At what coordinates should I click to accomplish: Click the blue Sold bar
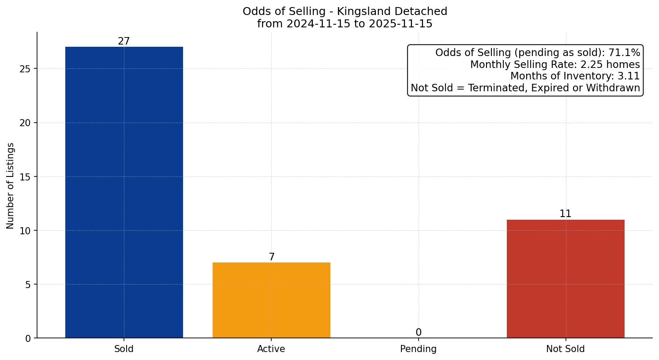pos(124,192)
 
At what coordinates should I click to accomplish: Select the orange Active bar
pos(271,300)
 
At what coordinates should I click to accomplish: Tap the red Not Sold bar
pos(565,278)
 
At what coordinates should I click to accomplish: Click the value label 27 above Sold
pos(124,41)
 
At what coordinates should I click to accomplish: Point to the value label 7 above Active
pos(272,257)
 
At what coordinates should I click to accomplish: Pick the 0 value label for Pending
pos(418,333)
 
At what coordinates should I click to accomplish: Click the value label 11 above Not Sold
pos(565,214)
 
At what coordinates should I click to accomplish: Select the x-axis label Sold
pos(124,349)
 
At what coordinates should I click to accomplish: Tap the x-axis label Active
pos(271,349)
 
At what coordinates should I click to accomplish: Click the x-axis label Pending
pos(418,349)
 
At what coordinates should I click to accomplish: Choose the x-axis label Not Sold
pos(565,349)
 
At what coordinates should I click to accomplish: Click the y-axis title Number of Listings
pos(11,186)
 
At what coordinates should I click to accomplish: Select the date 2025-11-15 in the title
pos(401,24)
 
